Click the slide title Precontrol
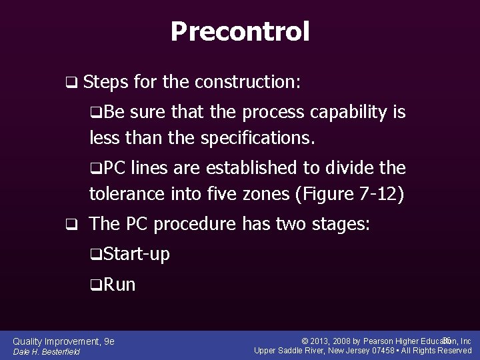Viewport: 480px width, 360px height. point(240,31)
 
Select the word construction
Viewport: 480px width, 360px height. point(247,83)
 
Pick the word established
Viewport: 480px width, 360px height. point(245,167)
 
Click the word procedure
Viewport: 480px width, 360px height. point(195,224)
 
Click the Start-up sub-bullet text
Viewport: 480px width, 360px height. point(137,254)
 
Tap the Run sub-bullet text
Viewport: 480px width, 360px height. point(120,285)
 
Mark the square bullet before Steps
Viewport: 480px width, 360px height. point(70,83)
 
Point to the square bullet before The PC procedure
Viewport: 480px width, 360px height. point(70,225)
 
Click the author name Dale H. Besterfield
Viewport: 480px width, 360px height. point(46,351)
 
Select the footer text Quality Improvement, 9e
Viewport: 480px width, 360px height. point(64,341)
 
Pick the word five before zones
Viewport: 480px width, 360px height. point(223,194)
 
